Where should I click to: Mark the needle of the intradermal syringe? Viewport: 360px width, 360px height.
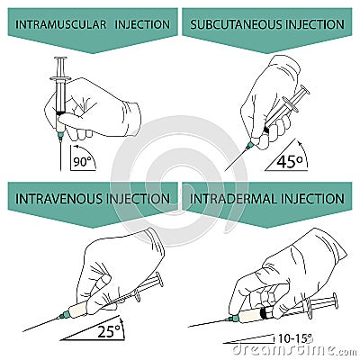point(207,322)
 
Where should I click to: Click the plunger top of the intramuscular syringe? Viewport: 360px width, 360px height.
point(60,59)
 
